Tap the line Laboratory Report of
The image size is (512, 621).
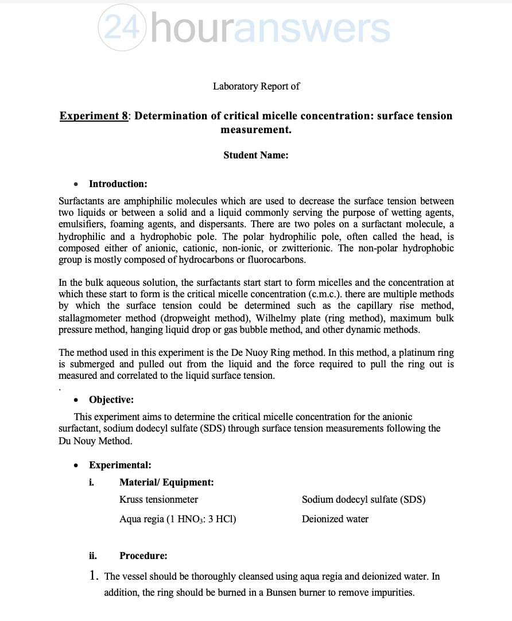256,87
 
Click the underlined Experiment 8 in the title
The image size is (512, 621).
94,116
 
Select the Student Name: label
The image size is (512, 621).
256,155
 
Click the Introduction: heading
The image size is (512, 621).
118,184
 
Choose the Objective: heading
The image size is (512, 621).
111,400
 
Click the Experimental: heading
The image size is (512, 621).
120,465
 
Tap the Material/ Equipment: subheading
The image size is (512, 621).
166,483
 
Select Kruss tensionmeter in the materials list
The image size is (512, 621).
158,500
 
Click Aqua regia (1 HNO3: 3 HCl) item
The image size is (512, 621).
177,519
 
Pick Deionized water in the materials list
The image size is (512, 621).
335,519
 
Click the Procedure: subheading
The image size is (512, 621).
143,556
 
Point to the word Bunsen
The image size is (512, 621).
281,593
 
